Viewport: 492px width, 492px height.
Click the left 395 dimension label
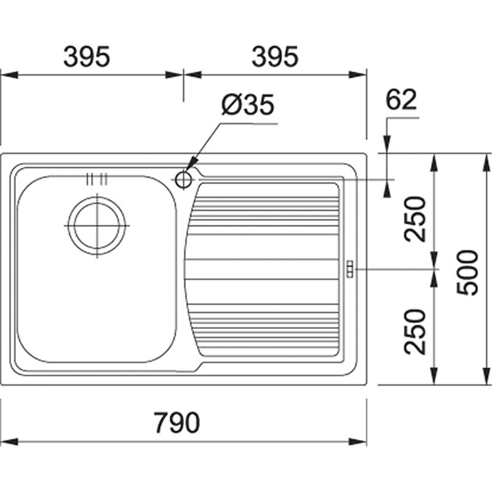87,57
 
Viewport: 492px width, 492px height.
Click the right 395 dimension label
275,57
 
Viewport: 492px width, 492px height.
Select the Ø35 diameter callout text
248,106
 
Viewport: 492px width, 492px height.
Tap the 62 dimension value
402,100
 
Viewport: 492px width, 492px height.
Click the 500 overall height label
469,272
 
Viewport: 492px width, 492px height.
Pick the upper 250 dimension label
416,218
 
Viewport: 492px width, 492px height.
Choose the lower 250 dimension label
416,331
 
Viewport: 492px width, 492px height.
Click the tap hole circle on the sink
183,180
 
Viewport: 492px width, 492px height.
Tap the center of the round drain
97,225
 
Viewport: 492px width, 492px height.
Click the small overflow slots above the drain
97,179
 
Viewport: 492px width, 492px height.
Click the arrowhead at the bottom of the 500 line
486,378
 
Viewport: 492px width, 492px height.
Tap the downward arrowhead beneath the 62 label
387,146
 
